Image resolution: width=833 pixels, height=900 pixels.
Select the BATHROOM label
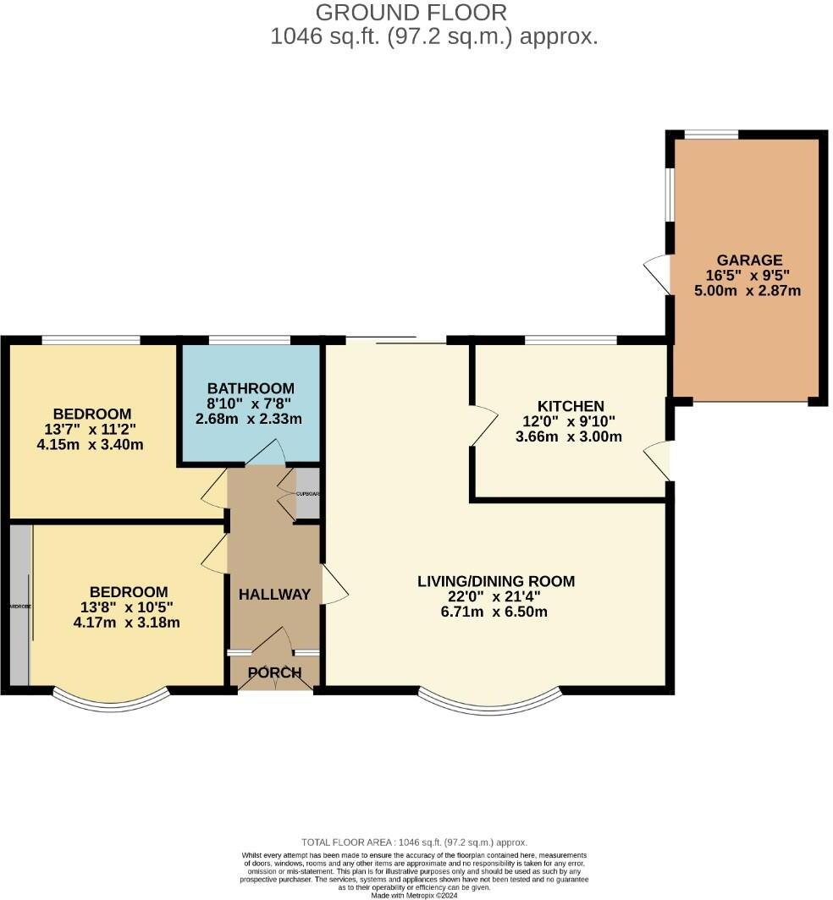tap(251, 389)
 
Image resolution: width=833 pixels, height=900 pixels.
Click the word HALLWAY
tap(274, 595)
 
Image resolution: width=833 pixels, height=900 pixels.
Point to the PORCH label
tap(274, 673)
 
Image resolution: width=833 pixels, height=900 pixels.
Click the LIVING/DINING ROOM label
tap(496, 581)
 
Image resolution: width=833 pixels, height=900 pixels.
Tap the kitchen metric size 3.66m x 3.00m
tap(568, 436)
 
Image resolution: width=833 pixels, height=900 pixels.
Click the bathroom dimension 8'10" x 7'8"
tap(251, 404)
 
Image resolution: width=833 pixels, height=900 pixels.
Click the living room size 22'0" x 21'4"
tap(496, 596)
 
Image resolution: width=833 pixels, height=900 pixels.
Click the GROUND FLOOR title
tap(411, 13)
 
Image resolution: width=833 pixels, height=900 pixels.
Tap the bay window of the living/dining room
tap(490, 703)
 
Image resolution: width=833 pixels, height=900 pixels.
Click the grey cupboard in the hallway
tap(307, 493)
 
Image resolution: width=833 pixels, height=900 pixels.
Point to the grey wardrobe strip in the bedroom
tap(19, 605)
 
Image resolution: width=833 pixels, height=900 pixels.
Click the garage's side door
tap(658, 272)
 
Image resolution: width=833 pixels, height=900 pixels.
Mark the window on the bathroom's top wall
tap(250, 340)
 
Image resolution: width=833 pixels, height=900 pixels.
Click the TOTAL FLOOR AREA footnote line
tap(415, 842)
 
